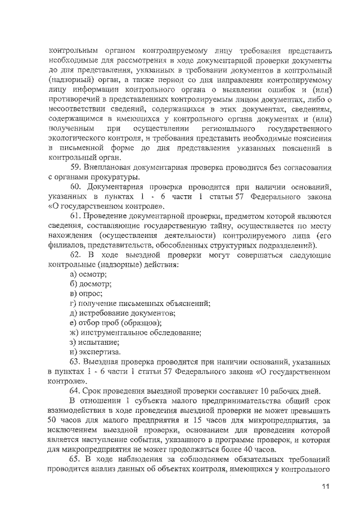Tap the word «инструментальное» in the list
115,332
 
